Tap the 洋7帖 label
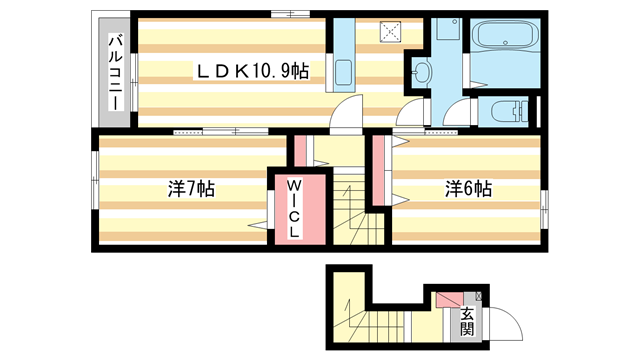191,187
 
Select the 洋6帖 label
468,187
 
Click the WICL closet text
296,209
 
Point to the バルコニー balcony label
116,72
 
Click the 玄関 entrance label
466,319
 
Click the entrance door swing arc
502,322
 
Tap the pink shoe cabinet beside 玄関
446,299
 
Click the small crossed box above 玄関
479,296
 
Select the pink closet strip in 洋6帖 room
380,170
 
